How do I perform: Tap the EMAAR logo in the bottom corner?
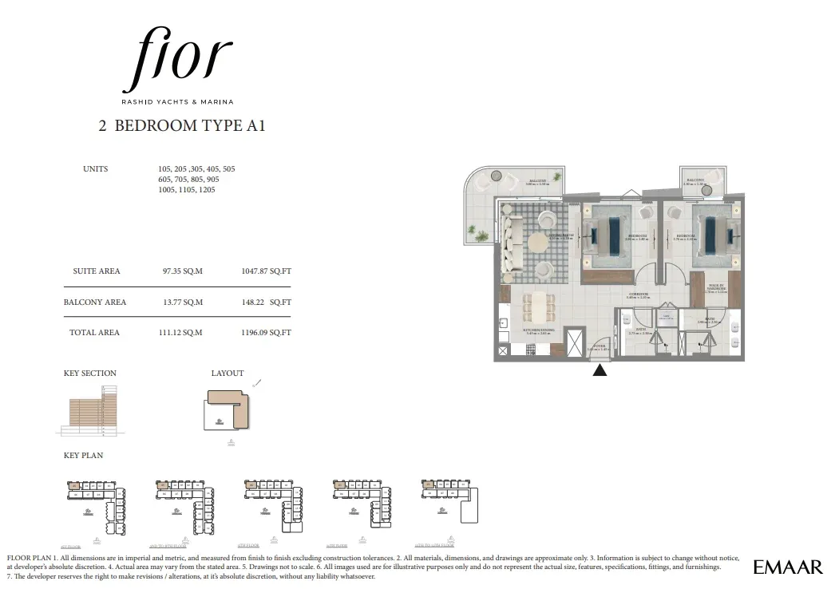[787, 567]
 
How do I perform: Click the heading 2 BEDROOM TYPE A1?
[181, 125]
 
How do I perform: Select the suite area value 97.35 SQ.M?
[182, 271]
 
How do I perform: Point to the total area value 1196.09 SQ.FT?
[266, 333]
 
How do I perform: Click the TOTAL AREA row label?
[94, 333]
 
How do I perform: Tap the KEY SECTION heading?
[89, 374]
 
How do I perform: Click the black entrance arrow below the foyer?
[600, 370]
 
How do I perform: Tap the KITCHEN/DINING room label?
[539, 330]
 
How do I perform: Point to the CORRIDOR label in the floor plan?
[638, 294]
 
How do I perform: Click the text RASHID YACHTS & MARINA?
[177, 101]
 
